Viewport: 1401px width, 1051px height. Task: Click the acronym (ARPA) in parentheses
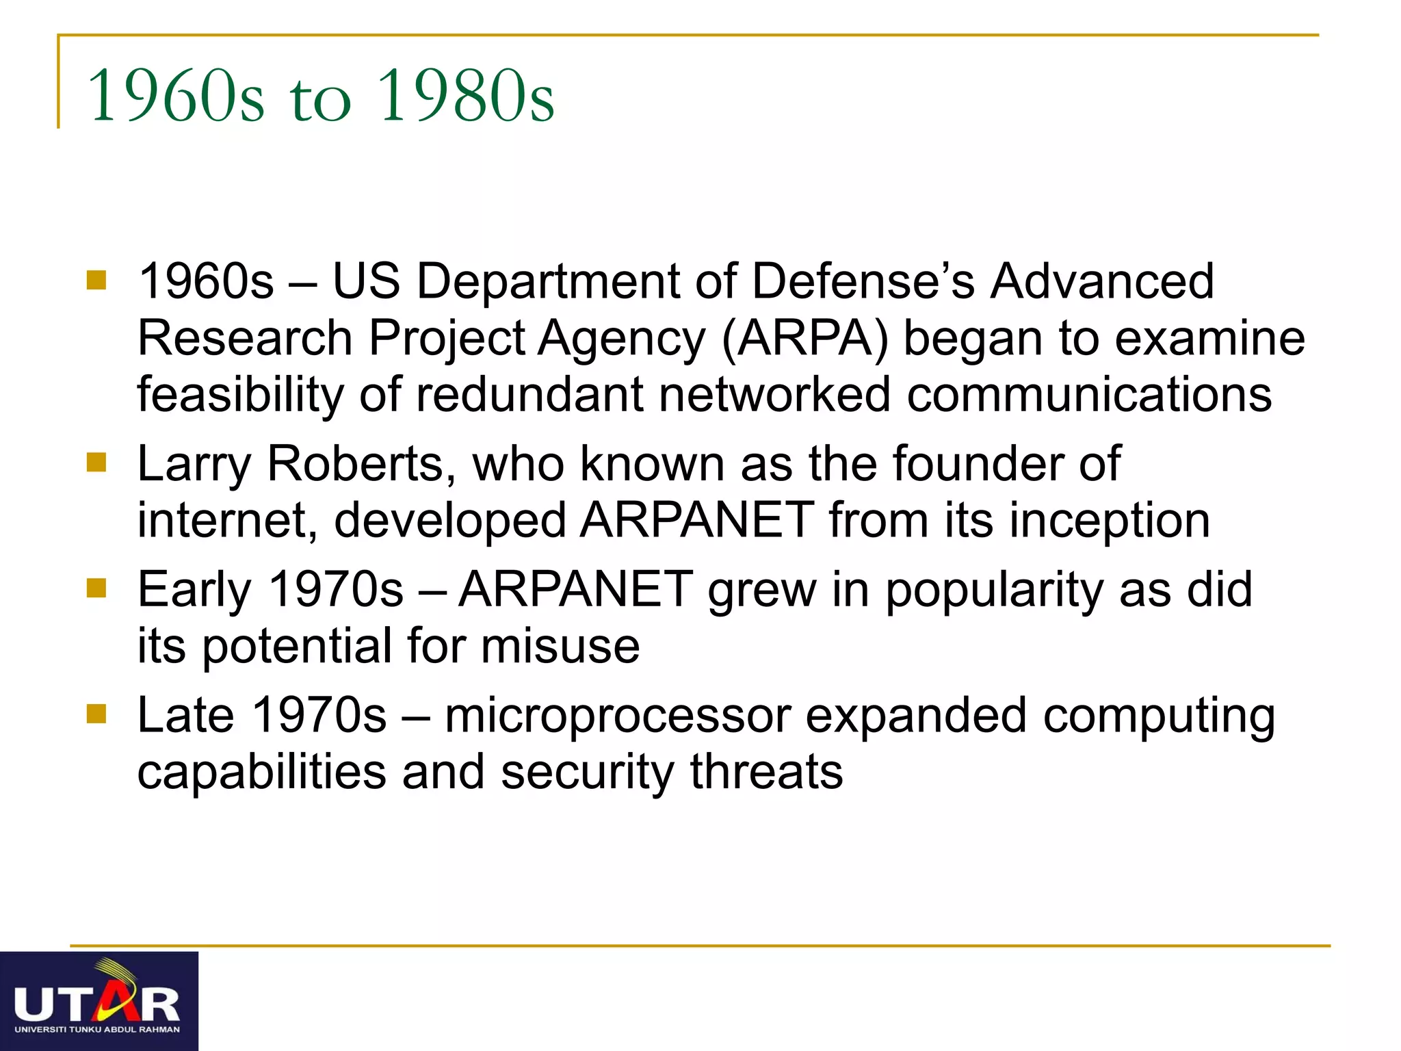click(x=804, y=339)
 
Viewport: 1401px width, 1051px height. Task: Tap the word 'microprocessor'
click(x=617, y=716)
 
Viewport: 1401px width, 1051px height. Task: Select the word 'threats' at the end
click(x=766, y=772)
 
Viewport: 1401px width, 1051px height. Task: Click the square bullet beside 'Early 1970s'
click(x=96, y=588)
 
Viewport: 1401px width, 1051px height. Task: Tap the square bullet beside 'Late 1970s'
click(x=96, y=714)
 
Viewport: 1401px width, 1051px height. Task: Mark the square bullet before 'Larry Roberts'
click(x=96, y=463)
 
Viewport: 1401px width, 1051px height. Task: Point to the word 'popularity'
click(x=994, y=591)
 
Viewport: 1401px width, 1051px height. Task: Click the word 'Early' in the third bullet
click(x=194, y=591)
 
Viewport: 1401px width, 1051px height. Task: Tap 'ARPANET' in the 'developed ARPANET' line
click(x=696, y=521)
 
